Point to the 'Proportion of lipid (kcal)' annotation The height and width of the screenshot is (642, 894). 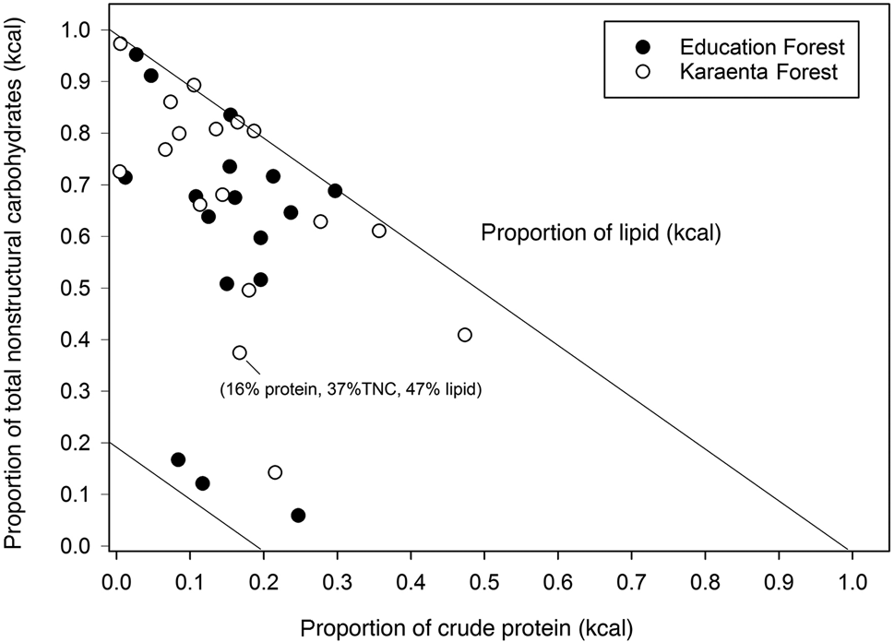[600, 234]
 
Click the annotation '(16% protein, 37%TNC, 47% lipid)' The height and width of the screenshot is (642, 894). [352, 389]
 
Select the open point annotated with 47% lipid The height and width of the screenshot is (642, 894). [240, 352]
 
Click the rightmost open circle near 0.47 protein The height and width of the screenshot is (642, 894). [465, 334]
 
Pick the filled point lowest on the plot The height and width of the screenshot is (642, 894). [298, 515]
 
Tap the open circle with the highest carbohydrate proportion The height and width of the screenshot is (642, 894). [120, 43]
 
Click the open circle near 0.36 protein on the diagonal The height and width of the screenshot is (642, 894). [379, 231]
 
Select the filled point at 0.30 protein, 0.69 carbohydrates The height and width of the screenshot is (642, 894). [335, 191]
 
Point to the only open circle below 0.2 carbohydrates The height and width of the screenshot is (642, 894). [275, 472]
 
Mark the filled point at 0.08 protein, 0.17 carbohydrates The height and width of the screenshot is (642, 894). [178, 459]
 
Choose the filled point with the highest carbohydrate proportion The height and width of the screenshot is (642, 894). [136, 54]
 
